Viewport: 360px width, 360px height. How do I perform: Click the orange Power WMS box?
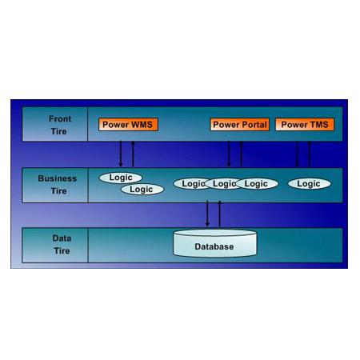pos(128,125)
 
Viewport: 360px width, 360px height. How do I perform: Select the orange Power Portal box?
pos(240,125)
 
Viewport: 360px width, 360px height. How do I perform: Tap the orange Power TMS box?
pos(305,125)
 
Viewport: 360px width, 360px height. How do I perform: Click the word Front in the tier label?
pos(60,118)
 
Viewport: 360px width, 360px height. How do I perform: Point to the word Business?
pos(58,178)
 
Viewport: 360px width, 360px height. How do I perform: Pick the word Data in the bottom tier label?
pos(62,238)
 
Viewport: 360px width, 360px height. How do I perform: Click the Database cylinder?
pos(215,243)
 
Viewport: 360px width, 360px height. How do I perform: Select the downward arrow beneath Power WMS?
pos(121,154)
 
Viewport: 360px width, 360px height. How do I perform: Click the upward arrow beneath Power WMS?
pos(133,154)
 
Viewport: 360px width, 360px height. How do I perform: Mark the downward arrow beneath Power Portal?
pos(229,154)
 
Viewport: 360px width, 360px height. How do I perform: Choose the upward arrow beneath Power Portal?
pos(241,154)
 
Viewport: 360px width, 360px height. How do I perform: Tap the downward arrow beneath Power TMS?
pos(297,154)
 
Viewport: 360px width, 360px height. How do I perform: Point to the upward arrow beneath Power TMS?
pos(310,154)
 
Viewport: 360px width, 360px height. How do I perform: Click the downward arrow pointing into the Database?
pos(207,214)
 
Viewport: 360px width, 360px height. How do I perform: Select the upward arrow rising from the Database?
pos(220,214)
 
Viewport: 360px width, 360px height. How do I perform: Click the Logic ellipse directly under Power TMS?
pos(310,183)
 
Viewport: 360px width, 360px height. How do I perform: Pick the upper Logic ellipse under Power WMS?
pos(121,178)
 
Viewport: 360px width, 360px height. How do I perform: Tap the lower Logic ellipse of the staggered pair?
pos(142,190)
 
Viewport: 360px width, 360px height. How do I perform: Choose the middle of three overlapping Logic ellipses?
pos(223,183)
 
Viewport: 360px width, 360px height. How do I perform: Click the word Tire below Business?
pos(58,191)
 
